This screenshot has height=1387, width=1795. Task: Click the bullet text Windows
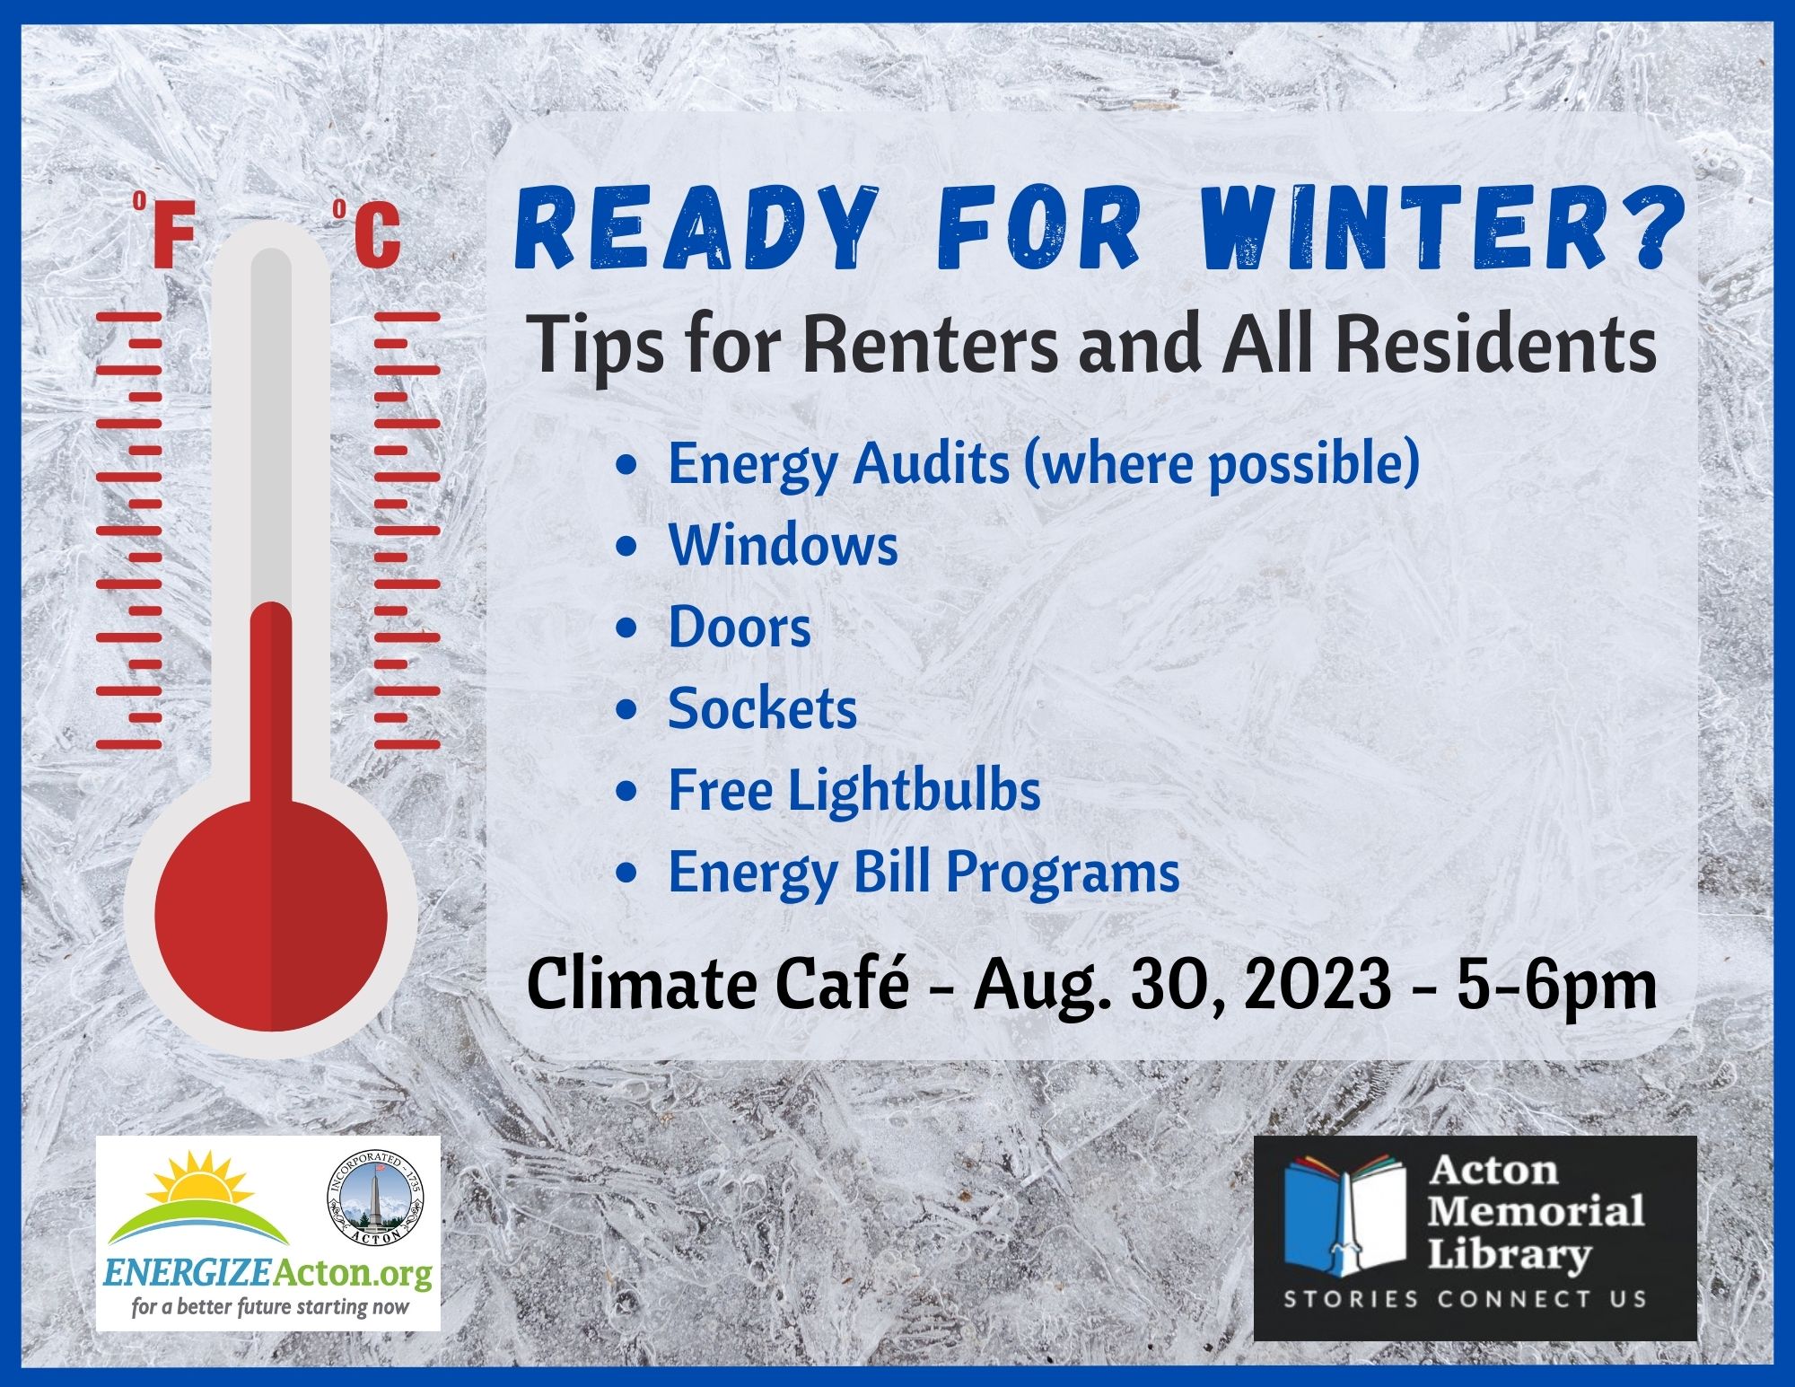click(783, 544)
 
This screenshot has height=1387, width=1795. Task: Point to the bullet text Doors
click(740, 627)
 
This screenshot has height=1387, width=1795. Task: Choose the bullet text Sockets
click(763, 708)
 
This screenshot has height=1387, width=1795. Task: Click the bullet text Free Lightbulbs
click(854, 790)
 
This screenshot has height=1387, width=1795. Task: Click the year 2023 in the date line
click(1317, 985)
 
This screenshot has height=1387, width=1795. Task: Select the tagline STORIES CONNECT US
click(1465, 1299)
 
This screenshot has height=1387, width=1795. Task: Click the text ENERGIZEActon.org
click(268, 1274)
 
